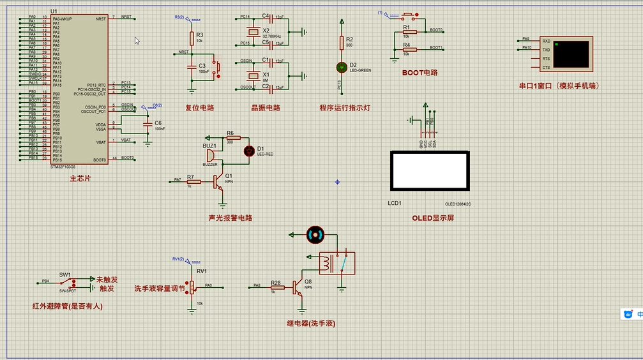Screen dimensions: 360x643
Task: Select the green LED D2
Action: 341,66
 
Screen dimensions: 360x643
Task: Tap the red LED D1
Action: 249,151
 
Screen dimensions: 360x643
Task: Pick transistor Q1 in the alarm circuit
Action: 220,182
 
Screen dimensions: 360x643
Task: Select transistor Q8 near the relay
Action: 298,288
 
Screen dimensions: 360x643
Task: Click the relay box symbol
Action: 337,263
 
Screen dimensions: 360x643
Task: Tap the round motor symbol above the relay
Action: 315,235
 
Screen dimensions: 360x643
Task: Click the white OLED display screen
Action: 430,171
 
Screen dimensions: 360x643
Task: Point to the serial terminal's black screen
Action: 571,54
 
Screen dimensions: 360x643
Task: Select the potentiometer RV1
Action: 192,285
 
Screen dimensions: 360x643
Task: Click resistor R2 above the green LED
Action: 341,42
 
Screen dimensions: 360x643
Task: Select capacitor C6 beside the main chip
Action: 149,124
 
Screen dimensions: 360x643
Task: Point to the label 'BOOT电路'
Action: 420,72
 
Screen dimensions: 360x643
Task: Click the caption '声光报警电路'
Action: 231,218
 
